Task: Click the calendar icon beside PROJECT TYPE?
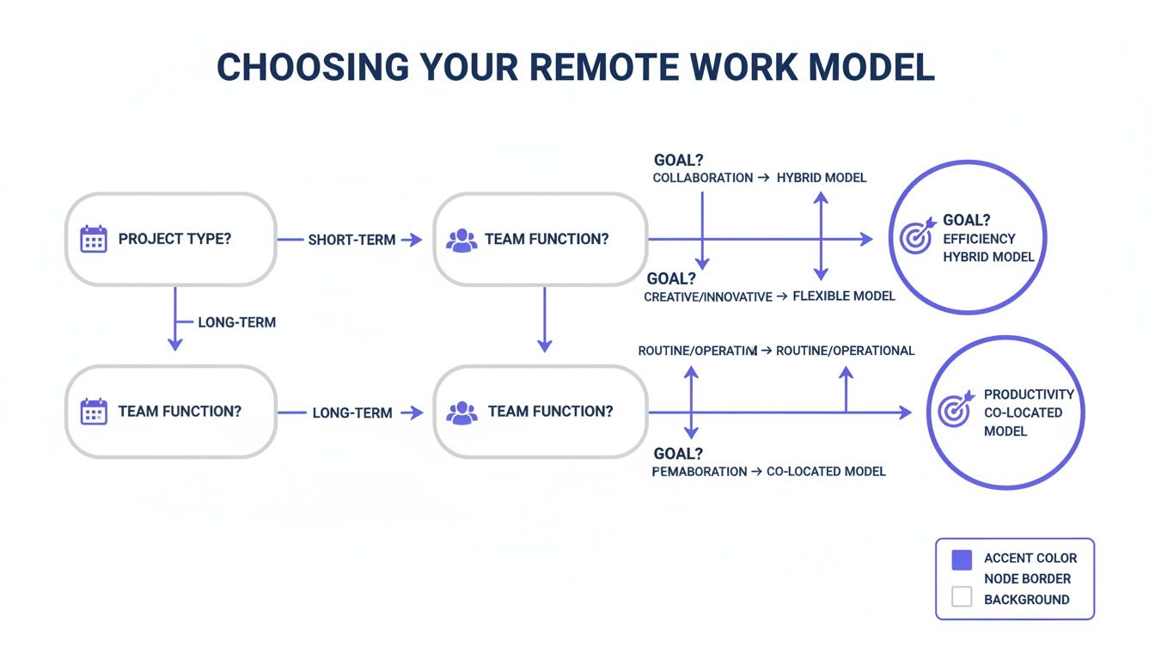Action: [x=93, y=239]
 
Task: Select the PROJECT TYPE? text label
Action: [x=174, y=239]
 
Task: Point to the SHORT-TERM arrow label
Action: [x=351, y=241]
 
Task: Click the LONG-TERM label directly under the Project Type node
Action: [x=236, y=323]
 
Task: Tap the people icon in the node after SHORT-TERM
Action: [x=461, y=240]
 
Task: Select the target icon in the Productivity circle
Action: [x=954, y=411]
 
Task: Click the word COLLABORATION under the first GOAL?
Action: [x=702, y=178]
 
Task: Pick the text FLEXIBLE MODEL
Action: [x=843, y=296]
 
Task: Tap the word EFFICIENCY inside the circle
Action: [x=979, y=239]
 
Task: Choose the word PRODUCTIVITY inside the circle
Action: [x=1029, y=394]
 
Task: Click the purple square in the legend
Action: [x=962, y=560]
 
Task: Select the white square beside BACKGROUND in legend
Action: [x=962, y=597]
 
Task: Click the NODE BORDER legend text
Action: [x=1027, y=579]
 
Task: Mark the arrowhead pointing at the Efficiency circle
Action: [x=867, y=240]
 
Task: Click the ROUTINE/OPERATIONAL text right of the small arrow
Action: [x=845, y=351]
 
